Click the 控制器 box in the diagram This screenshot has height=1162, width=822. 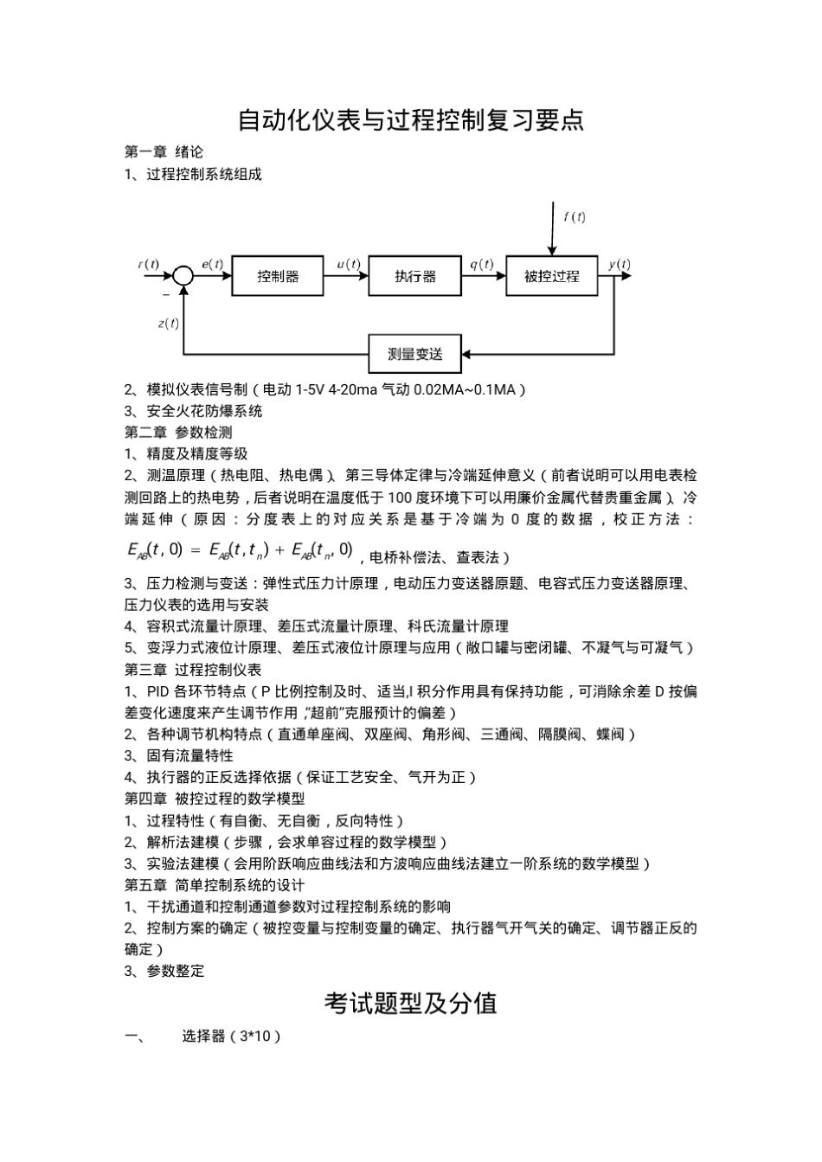[x=278, y=276]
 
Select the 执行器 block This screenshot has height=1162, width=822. [x=415, y=276]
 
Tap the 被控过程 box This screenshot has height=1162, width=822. [x=552, y=276]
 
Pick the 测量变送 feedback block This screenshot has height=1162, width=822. [x=415, y=354]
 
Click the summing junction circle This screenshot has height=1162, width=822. [x=183, y=276]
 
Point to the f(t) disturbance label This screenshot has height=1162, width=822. [x=574, y=217]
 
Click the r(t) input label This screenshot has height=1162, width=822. [x=149, y=264]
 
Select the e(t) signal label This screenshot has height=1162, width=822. [x=212, y=264]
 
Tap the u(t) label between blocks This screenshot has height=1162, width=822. [x=348, y=264]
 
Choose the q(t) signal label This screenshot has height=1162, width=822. [x=482, y=264]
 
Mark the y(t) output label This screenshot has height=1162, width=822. [x=620, y=264]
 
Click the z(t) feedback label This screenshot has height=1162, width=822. [x=169, y=324]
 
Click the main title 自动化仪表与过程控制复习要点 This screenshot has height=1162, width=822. [x=411, y=119]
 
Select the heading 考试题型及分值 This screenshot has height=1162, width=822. [x=411, y=1003]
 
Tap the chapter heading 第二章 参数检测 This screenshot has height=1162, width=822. [x=178, y=432]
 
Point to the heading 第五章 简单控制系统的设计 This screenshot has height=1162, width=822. [x=215, y=884]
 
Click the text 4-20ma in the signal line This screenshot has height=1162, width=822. [x=346, y=389]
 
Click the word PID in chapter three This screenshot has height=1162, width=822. [x=158, y=691]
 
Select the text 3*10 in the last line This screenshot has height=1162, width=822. [x=254, y=1036]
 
